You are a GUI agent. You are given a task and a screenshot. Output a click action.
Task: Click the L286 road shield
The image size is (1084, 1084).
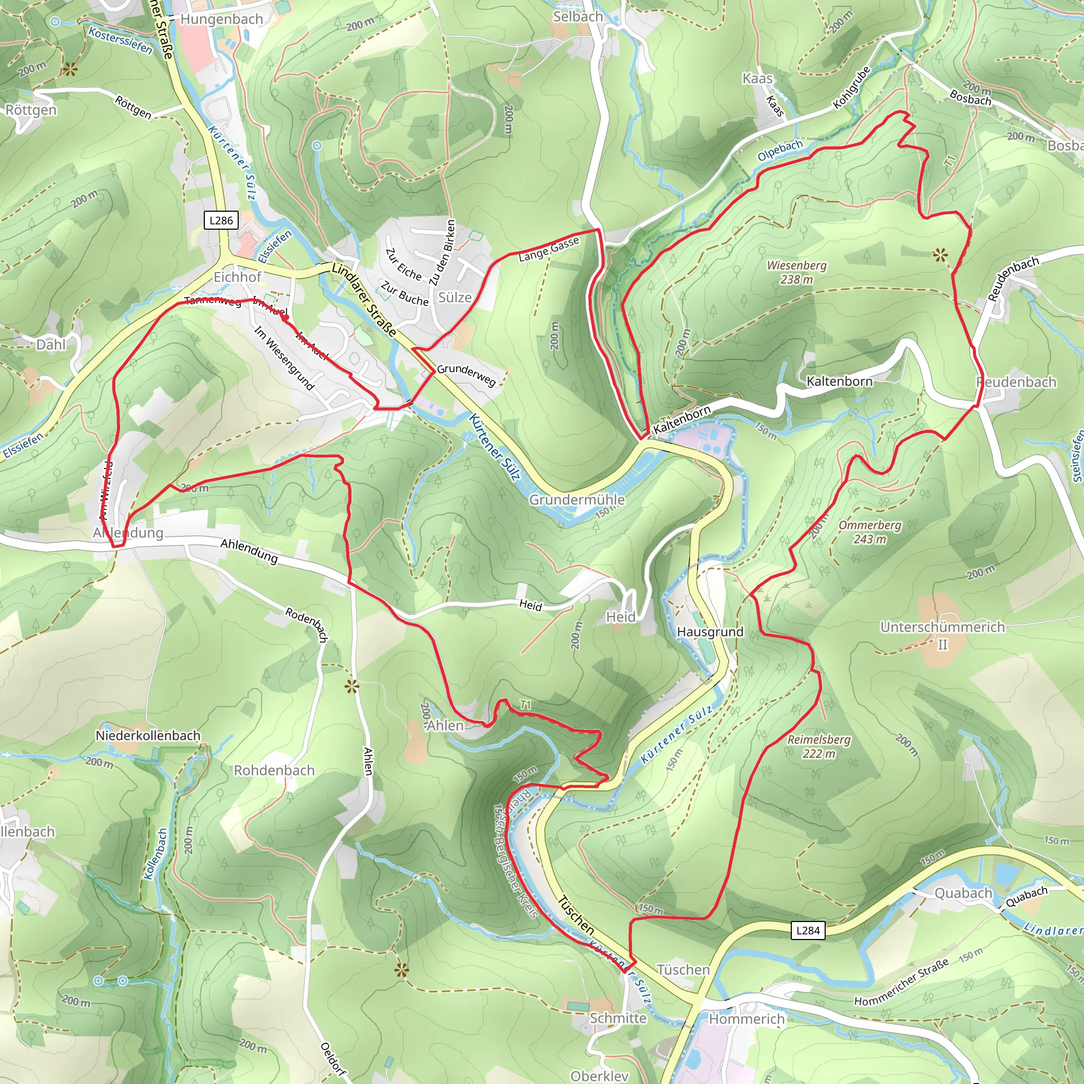[221, 221]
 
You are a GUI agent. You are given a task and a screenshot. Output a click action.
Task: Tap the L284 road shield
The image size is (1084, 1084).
[808, 931]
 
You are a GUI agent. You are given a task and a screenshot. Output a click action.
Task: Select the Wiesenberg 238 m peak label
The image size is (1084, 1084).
[796, 272]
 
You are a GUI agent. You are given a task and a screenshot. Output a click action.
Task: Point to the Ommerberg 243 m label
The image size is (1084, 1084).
[870, 532]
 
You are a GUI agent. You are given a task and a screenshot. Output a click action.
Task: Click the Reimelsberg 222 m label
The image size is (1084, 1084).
[819, 746]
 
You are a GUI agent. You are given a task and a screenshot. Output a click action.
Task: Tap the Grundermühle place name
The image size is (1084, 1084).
[577, 499]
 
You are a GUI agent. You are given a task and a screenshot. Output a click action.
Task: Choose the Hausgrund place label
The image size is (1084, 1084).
[710, 632]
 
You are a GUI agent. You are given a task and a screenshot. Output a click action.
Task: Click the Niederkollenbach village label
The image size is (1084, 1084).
[148, 735]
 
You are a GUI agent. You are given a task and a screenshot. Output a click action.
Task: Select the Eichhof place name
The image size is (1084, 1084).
[237, 277]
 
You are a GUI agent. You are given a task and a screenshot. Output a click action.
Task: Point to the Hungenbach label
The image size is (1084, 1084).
[221, 19]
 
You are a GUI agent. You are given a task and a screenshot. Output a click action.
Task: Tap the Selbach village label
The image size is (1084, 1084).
[577, 17]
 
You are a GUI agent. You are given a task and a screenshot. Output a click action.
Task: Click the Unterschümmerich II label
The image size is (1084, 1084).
[943, 635]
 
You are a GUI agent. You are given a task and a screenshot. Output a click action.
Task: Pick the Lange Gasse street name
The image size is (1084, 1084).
[548, 249]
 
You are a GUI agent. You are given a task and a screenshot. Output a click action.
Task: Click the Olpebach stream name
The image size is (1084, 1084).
[780, 150]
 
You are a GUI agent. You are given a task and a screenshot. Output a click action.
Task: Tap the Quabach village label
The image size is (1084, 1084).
[963, 893]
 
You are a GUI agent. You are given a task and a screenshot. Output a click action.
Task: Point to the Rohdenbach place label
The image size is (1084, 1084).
[274, 770]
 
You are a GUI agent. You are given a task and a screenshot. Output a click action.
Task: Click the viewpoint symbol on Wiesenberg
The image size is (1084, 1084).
[940, 256]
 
